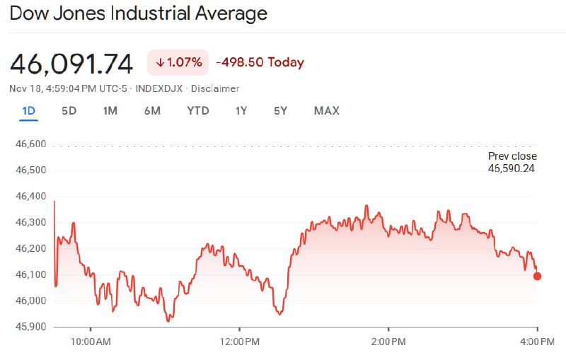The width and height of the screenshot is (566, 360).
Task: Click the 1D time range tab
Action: pos(28,110)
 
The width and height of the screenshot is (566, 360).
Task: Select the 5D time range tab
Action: pos(69,110)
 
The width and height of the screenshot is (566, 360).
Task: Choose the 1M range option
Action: pos(110,110)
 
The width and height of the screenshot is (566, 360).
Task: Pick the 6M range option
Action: pos(152,110)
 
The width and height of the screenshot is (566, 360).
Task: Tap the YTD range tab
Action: pos(198,110)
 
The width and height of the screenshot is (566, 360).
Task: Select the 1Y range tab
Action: pos(242,110)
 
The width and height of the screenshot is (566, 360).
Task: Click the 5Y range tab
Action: pos(281,110)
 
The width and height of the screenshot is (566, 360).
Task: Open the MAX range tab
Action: pos(327,110)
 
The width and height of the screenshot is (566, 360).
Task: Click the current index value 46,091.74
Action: pos(71,64)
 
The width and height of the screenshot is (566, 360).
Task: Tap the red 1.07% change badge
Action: pos(178,62)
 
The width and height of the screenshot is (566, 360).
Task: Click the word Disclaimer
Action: pos(216,88)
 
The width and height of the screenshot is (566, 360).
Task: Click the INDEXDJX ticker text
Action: pos(160,88)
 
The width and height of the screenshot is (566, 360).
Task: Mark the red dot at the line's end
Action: pos(537,276)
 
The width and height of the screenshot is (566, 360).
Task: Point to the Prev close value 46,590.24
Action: pos(512,168)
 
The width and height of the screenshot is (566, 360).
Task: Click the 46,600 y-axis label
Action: pos(30,144)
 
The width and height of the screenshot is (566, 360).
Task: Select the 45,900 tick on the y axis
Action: pos(30,327)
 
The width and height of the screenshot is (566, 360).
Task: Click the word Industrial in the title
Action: pos(161,13)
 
